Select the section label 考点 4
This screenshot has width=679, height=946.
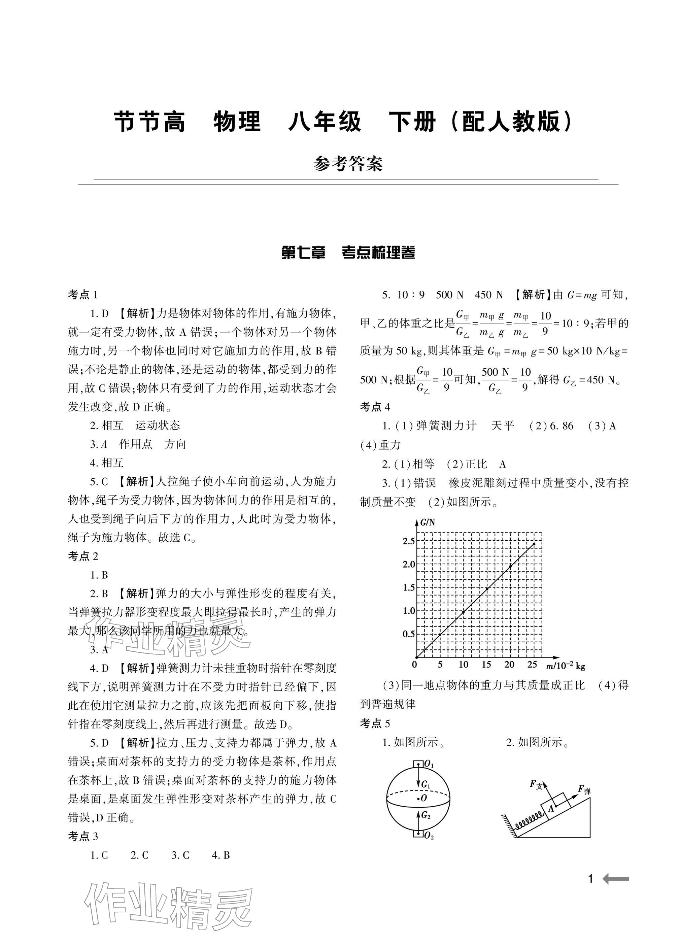coord(375,407)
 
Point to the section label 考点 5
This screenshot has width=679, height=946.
coord(375,724)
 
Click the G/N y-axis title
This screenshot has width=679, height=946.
coord(427,522)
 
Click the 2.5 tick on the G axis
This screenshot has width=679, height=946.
coord(408,541)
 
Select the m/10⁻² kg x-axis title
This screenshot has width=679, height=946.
coord(565,666)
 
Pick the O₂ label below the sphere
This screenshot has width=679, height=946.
coord(429,836)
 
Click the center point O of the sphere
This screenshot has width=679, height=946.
coord(419,798)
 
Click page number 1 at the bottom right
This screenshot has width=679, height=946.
coord(590,879)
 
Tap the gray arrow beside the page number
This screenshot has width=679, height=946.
coord(616,879)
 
